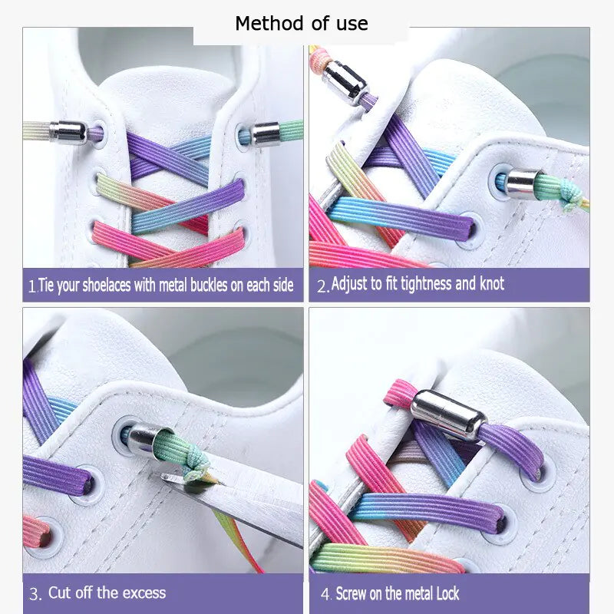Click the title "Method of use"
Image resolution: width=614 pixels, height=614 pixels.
point(301,24)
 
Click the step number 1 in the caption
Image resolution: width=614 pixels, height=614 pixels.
point(31,286)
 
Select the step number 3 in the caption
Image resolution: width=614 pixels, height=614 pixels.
point(35,593)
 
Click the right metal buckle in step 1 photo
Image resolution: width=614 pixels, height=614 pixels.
point(269,133)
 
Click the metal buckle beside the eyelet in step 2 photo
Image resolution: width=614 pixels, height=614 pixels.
point(524,182)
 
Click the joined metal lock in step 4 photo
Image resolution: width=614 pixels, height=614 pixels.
point(448,414)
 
